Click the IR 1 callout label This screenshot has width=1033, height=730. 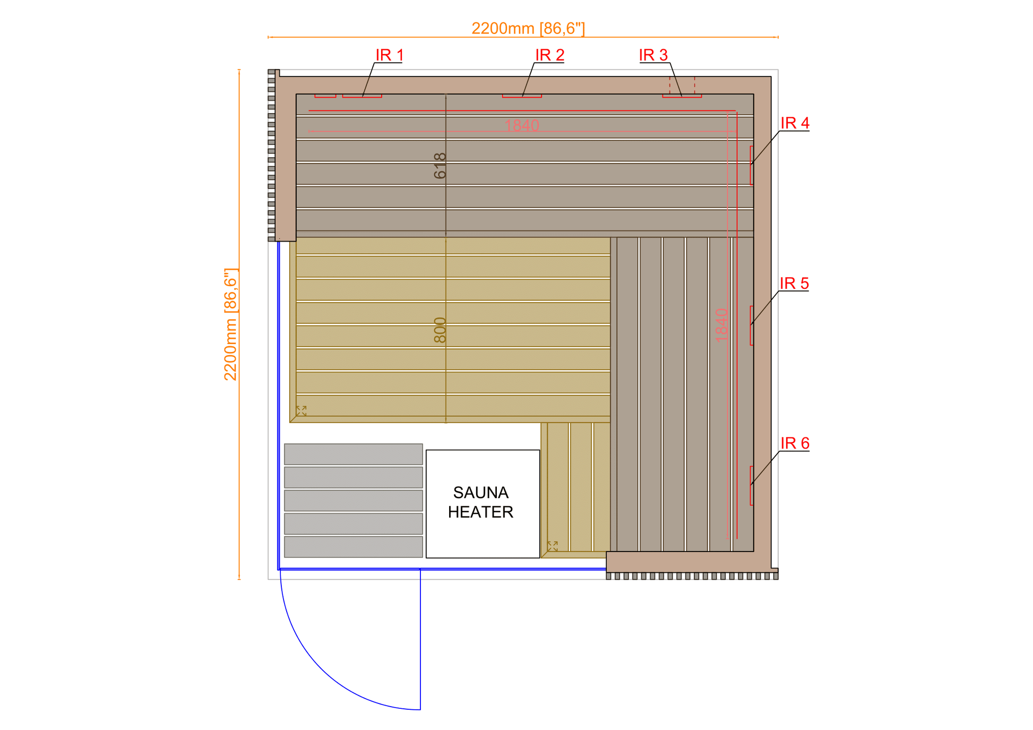(390, 55)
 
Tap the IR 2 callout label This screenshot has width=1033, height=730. (549, 55)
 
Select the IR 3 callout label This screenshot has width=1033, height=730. (653, 55)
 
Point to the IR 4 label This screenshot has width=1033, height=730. (795, 123)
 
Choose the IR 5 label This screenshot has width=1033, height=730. (794, 283)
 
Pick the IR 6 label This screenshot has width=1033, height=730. (795, 443)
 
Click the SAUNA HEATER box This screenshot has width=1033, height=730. (483, 504)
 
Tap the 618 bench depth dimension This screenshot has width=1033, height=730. (440, 166)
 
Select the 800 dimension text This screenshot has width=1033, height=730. (440, 330)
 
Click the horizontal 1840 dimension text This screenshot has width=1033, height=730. (522, 125)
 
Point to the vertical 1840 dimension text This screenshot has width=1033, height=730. (721, 325)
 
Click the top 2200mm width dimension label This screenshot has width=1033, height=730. (528, 28)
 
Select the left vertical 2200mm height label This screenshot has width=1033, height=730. (230, 324)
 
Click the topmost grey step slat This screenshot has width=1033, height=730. (354, 454)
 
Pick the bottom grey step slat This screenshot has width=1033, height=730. (354, 547)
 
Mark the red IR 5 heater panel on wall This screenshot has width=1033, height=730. (752, 325)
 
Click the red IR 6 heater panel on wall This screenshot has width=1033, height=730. (752, 485)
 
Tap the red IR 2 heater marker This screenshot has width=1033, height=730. (522, 96)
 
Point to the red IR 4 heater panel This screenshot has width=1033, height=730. (752, 165)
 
